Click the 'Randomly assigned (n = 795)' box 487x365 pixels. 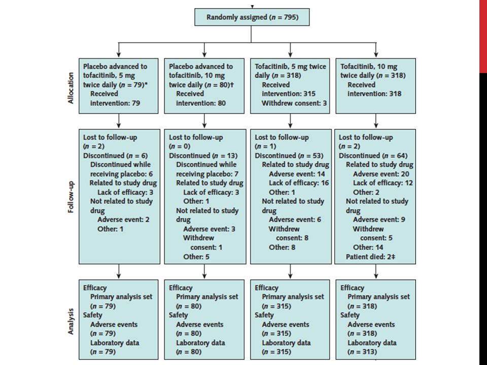tap(252, 17)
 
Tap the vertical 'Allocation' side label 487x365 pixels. tap(71, 88)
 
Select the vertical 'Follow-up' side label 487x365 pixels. tap(71, 197)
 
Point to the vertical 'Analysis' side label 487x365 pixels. tap(71, 321)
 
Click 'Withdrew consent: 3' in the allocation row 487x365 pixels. tap(294, 103)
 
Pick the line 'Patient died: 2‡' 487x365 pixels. tap(370, 257)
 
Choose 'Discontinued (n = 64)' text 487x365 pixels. tap(373, 156)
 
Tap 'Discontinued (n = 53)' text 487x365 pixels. tap(289, 156)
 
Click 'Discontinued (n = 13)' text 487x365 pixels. tap(203, 156)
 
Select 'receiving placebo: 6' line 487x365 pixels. tap(121, 174)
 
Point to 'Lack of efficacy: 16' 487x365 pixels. tap(299, 183)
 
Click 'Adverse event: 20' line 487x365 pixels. tap(381, 174)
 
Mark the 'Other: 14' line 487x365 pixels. tap(368, 247)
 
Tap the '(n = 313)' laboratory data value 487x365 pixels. tap(362, 352)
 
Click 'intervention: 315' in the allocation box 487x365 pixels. tap(289, 94)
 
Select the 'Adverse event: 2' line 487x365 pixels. tap(123, 220)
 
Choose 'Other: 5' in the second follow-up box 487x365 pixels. tap(196, 257)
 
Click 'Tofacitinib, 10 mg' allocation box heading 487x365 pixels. tap(369, 66)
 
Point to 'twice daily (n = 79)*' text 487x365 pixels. tap(115, 85)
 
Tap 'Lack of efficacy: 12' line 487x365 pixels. tap(383, 183)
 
